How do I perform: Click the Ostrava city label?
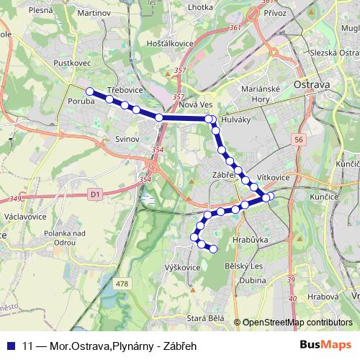point(312,84)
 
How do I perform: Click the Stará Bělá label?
point(205,318)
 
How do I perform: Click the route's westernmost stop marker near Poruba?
point(90,91)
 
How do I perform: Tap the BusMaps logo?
point(325,344)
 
